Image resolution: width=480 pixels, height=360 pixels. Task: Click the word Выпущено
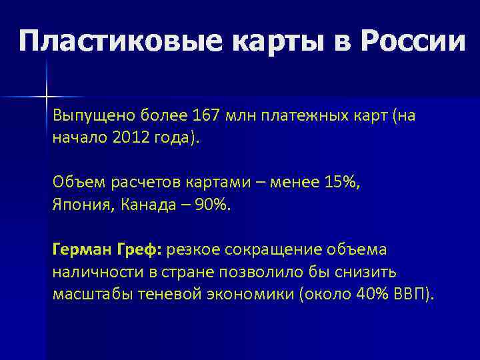(x=94, y=116)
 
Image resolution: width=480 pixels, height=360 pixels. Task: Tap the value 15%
(x=344, y=181)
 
